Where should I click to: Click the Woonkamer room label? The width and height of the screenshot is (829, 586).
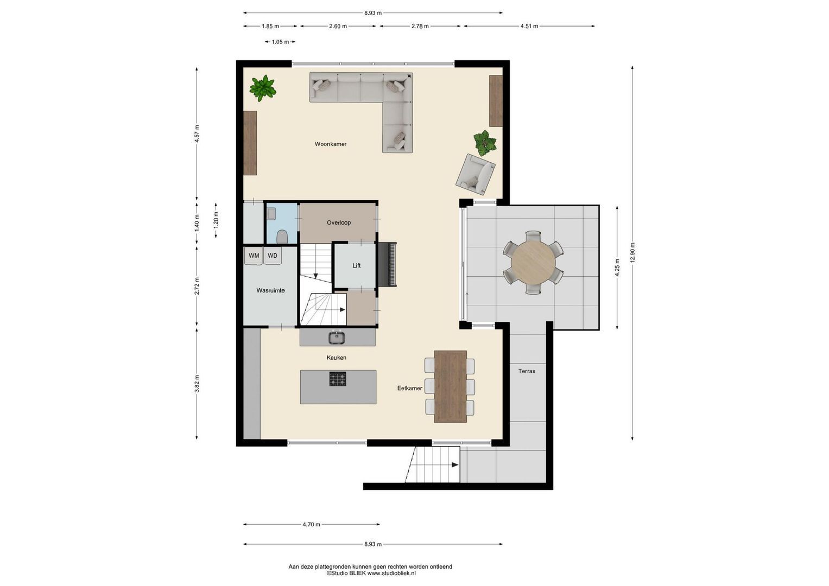pyautogui.click(x=330, y=144)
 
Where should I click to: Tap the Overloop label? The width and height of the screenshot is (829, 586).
pyautogui.click(x=338, y=222)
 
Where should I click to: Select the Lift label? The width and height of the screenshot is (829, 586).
pyautogui.click(x=356, y=265)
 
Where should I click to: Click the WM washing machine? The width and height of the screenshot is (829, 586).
pyautogui.click(x=254, y=256)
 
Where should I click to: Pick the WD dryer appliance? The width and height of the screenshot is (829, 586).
pyautogui.click(x=273, y=256)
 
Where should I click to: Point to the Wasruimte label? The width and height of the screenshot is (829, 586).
pyautogui.click(x=270, y=290)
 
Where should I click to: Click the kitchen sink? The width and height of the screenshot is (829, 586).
pyautogui.click(x=337, y=337)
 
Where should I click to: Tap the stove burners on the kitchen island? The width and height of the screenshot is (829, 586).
pyautogui.click(x=338, y=379)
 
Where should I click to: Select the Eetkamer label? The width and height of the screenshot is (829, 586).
pyautogui.click(x=409, y=388)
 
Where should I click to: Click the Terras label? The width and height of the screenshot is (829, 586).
pyautogui.click(x=526, y=371)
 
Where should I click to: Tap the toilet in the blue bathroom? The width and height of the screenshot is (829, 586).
pyautogui.click(x=282, y=237)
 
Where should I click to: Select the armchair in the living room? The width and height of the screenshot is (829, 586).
pyautogui.click(x=475, y=174)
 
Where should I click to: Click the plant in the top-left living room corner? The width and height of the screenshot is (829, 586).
pyautogui.click(x=263, y=88)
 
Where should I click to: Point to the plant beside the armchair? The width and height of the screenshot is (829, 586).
pyautogui.click(x=484, y=143)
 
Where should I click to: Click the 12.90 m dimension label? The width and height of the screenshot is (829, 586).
pyautogui.click(x=632, y=253)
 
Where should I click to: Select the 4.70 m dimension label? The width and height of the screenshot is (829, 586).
pyautogui.click(x=311, y=524)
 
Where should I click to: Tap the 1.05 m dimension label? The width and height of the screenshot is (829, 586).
pyautogui.click(x=280, y=42)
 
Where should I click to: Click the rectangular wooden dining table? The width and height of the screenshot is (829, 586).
pyautogui.click(x=450, y=386)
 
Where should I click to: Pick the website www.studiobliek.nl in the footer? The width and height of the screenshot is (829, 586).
pyautogui.click(x=391, y=573)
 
